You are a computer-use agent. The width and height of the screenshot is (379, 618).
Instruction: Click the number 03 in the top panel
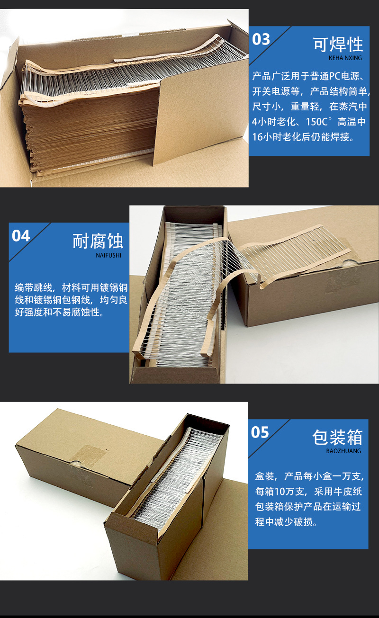pyautogui.click(x=261, y=39)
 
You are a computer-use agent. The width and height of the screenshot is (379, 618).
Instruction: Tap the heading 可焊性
pyautogui.click(x=338, y=44)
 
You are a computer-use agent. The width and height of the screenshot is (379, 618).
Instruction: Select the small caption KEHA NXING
pyautogui.click(x=345, y=58)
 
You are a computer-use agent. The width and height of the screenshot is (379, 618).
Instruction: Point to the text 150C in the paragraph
pyautogui.click(x=319, y=122)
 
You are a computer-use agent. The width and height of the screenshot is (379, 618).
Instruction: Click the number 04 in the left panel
pyautogui.click(x=21, y=236)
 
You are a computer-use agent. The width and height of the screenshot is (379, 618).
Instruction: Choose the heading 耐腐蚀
pyautogui.click(x=98, y=241)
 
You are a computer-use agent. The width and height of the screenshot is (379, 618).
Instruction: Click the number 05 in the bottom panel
pyautogui.click(x=260, y=432)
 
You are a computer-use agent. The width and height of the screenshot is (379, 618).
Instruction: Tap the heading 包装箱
pyautogui.click(x=337, y=437)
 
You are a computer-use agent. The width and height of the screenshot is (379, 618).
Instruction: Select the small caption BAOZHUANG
pyautogui.click(x=343, y=451)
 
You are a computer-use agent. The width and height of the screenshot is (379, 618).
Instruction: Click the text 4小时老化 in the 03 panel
pyautogui.click(x=275, y=122)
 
